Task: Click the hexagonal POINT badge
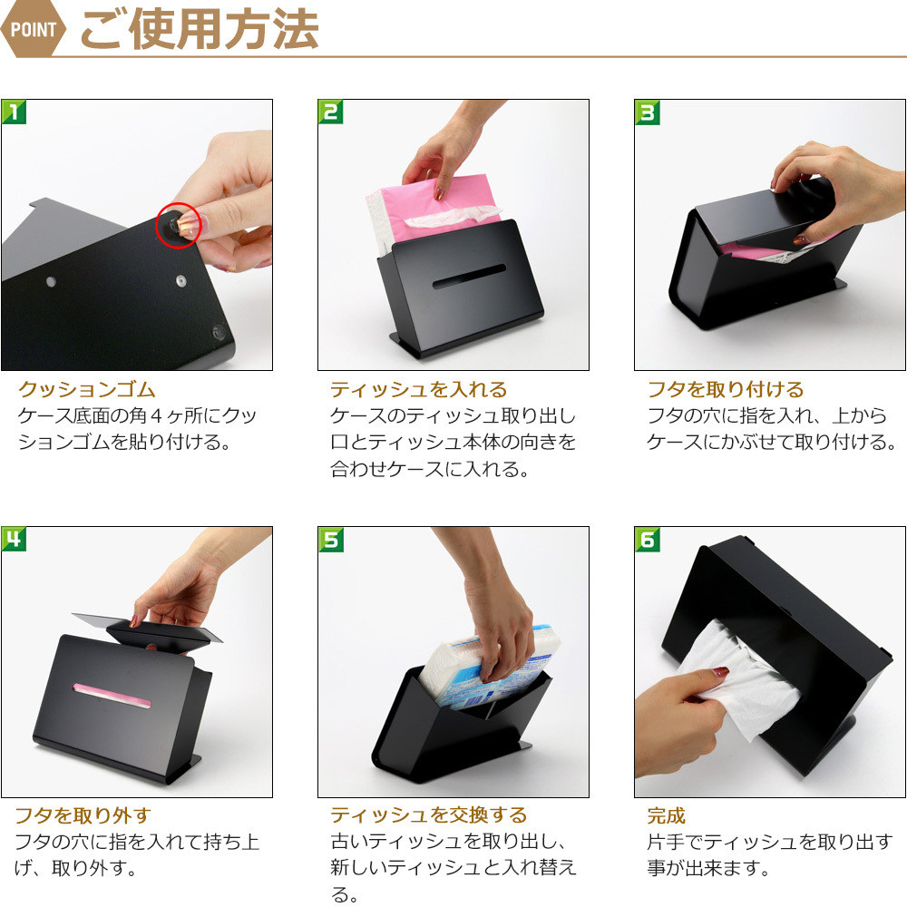(x=33, y=29)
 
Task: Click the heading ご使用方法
(x=199, y=29)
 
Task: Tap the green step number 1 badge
(x=14, y=112)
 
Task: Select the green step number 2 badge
(x=331, y=112)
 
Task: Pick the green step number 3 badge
(x=648, y=112)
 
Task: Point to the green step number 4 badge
(x=14, y=539)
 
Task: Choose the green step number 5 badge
(x=331, y=539)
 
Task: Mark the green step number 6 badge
(x=648, y=539)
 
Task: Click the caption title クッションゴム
(x=87, y=389)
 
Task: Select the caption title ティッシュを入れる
(x=418, y=389)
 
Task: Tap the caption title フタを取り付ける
(x=726, y=389)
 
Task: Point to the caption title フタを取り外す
(x=83, y=815)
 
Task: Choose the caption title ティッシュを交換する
(x=429, y=815)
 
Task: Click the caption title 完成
(x=667, y=815)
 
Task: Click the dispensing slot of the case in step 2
(x=469, y=277)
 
